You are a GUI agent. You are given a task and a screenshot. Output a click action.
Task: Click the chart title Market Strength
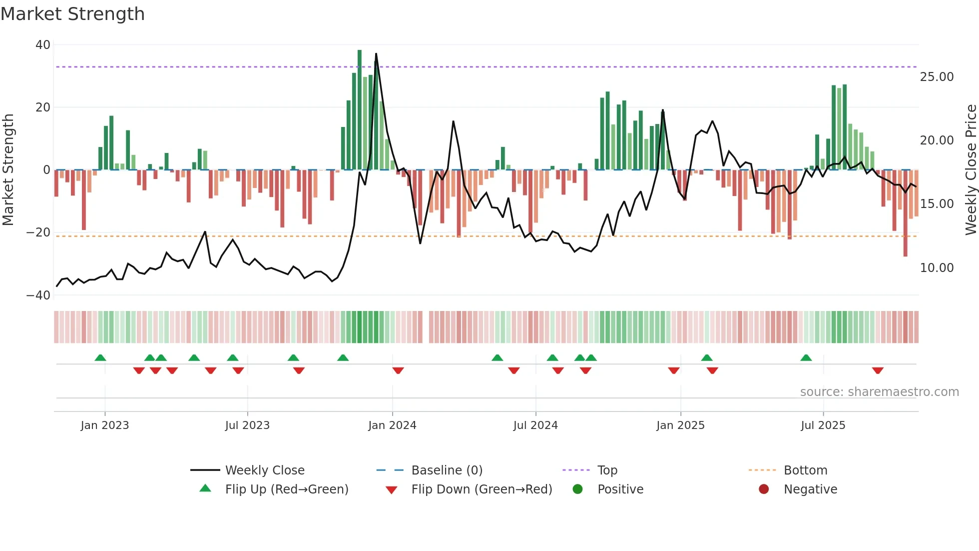pyautogui.click(x=72, y=14)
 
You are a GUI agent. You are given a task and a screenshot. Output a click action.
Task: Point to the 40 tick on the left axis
pyautogui.click(x=43, y=45)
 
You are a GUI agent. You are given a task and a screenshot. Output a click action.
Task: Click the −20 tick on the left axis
pyautogui.click(x=38, y=232)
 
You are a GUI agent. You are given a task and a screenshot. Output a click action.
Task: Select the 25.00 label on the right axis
pyautogui.click(x=937, y=77)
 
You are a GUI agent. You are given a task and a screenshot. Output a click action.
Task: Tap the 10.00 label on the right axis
pyautogui.click(x=937, y=268)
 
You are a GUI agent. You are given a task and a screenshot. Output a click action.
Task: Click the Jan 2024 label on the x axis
pyautogui.click(x=392, y=425)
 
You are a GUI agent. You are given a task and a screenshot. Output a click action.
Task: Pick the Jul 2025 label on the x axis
pyautogui.click(x=823, y=425)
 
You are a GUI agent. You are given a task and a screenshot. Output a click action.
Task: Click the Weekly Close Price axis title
pyautogui.click(x=971, y=169)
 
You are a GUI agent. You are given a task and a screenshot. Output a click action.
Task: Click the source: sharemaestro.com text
pyautogui.click(x=879, y=392)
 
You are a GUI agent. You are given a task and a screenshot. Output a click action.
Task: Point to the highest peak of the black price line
pyautogui.click(x=376, y=54)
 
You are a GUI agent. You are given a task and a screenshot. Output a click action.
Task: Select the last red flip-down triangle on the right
pyautogui.click(x=878, y=370)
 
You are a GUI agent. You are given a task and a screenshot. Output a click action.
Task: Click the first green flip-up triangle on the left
pyautogui.click(x=100, y=357)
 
